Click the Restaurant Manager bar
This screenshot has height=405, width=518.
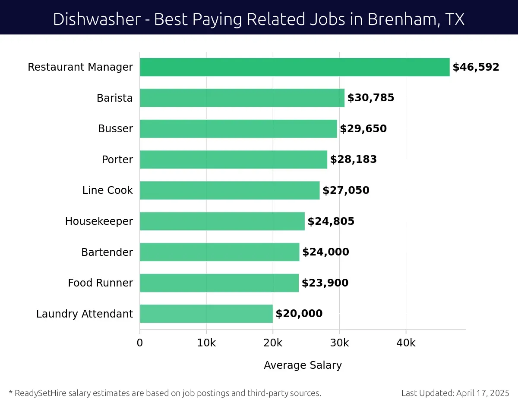tap(294, 67)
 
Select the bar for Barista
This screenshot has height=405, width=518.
tap(242, 98)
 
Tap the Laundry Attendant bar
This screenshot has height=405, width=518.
tap(206, 314)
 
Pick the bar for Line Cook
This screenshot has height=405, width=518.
tap(230, 190)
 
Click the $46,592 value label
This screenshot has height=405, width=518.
tap(476, 67)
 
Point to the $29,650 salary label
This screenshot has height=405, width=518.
tap(363, 129)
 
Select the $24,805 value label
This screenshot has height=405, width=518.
tap(331, 221)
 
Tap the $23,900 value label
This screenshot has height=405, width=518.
tap(325, 283)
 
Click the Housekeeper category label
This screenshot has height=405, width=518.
tap(99, 221)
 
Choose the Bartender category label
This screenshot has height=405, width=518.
tap(107, 252)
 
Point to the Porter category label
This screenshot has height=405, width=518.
tap(117, 160)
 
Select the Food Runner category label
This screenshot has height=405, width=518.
tap(100, 283)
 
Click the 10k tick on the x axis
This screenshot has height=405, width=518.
tap(206, 343)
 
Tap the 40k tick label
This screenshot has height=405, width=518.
tap(406, 343)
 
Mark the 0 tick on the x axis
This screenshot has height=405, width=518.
tap(140, 343)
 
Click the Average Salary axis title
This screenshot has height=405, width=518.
tap(303, 365)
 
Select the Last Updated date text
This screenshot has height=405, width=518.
tap(455, 393)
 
